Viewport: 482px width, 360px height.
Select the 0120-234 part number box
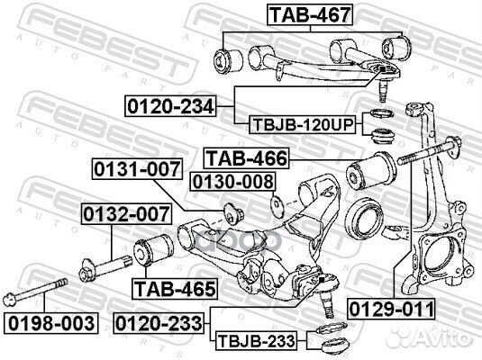(x=169, y=107)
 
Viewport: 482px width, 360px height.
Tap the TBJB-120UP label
(x=301, y=124)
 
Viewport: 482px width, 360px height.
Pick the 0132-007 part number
(x=124, y=216)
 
